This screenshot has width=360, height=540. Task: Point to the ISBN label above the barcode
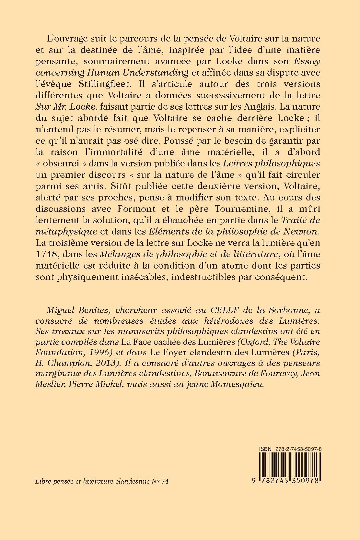[x=265, y=448]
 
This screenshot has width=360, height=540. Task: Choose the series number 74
[x=165, y=481]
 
